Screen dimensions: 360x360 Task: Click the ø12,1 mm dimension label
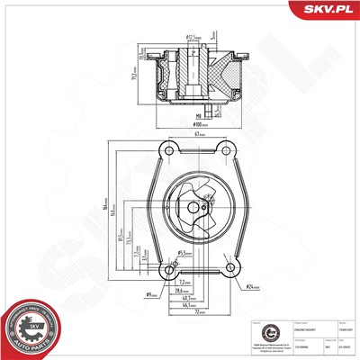191,38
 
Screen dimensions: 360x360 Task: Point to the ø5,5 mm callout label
185,253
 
